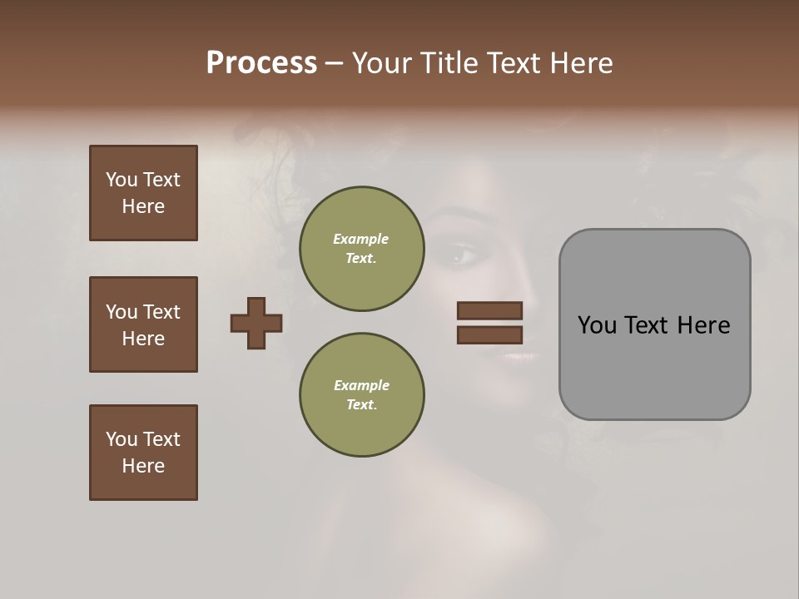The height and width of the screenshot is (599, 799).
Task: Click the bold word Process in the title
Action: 261,63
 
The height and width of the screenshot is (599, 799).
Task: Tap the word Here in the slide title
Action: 582,63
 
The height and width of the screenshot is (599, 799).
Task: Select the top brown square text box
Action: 143,193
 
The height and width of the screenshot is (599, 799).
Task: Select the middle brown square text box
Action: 143,324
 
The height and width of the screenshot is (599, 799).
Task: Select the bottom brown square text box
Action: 143,453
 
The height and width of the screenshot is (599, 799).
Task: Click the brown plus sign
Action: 256,323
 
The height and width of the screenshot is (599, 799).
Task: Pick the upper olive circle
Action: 362,249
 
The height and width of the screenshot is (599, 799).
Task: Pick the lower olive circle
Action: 362,395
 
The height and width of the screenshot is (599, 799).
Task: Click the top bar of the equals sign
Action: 489,310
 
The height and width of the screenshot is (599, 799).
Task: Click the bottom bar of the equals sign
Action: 489,334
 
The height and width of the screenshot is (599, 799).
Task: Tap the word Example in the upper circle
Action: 360,239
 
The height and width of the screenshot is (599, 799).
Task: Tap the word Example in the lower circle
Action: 360,385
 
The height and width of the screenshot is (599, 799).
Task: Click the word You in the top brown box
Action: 121,180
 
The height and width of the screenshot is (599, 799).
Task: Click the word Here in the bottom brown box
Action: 143,466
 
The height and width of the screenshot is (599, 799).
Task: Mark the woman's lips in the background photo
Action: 518,357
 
